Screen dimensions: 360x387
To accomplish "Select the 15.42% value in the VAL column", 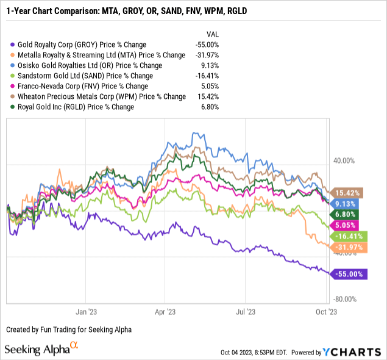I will pos(208,96).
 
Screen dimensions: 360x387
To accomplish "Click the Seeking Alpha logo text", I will pos(42,350).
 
